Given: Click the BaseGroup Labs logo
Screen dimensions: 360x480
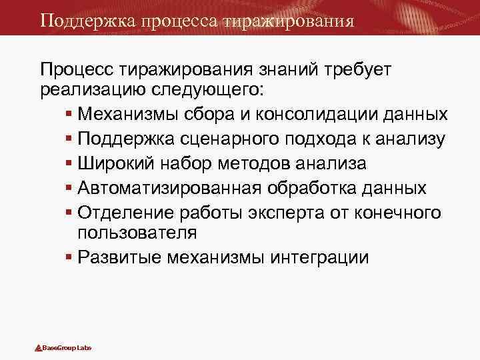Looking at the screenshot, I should [63, 348].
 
